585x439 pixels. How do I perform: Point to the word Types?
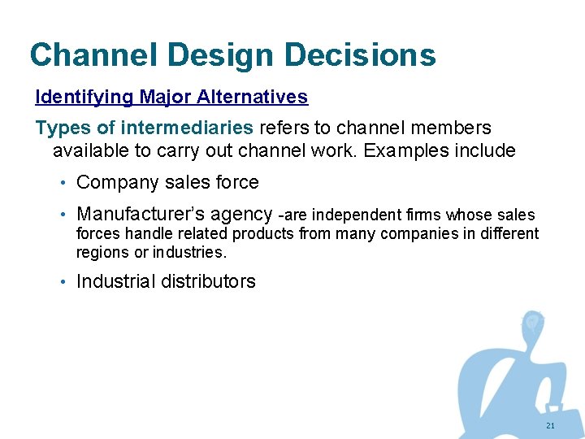(58, 128)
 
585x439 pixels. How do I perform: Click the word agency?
(240, 215)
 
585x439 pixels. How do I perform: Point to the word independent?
(354, 215)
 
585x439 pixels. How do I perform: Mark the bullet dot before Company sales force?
(63, 183)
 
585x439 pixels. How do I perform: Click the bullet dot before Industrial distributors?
(63, 282)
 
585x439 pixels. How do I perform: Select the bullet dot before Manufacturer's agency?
(63, 215)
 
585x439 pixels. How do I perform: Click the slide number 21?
(550, 426)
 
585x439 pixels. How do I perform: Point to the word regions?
(100, 252)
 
